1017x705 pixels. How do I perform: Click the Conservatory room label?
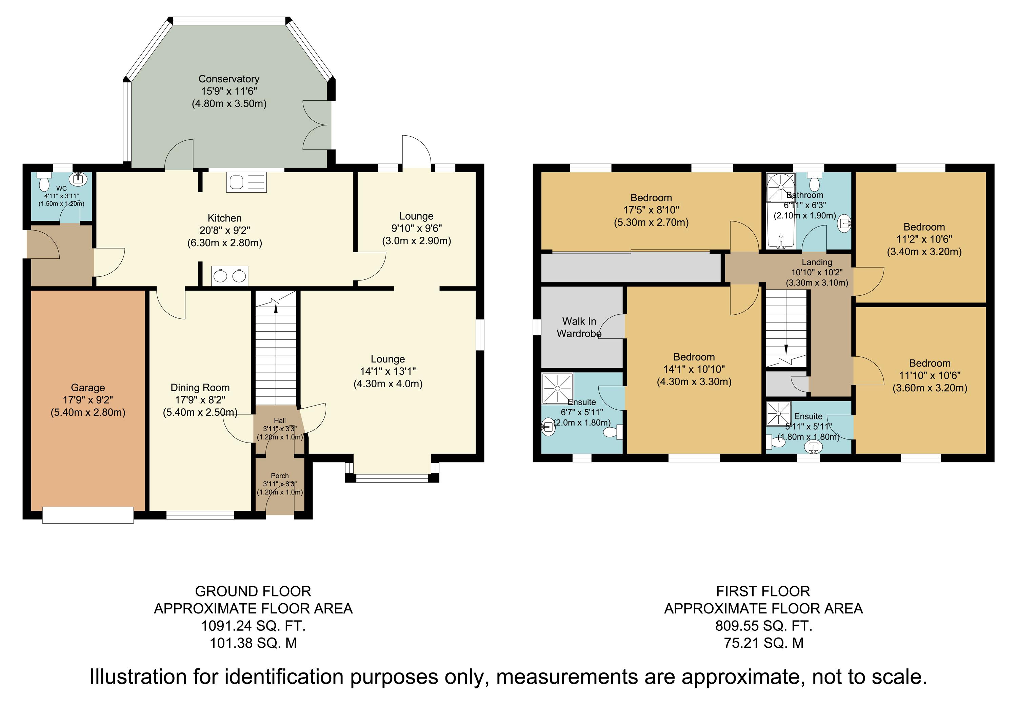click(x=229, y=79)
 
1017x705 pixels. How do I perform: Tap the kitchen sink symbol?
click(x=246, y=182)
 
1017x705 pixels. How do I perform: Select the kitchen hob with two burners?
click(x=230, y=276)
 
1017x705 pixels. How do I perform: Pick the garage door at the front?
click(x=88, y=515)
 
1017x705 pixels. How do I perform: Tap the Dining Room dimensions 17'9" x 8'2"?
click(x=200, y=400)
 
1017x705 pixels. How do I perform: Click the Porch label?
click(x=280, y=476)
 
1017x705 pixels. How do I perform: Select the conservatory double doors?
click(x=317, y=124)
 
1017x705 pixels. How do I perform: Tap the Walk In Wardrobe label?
click(x=579, y=327)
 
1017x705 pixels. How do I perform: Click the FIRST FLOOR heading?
click(x=763, y=591)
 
